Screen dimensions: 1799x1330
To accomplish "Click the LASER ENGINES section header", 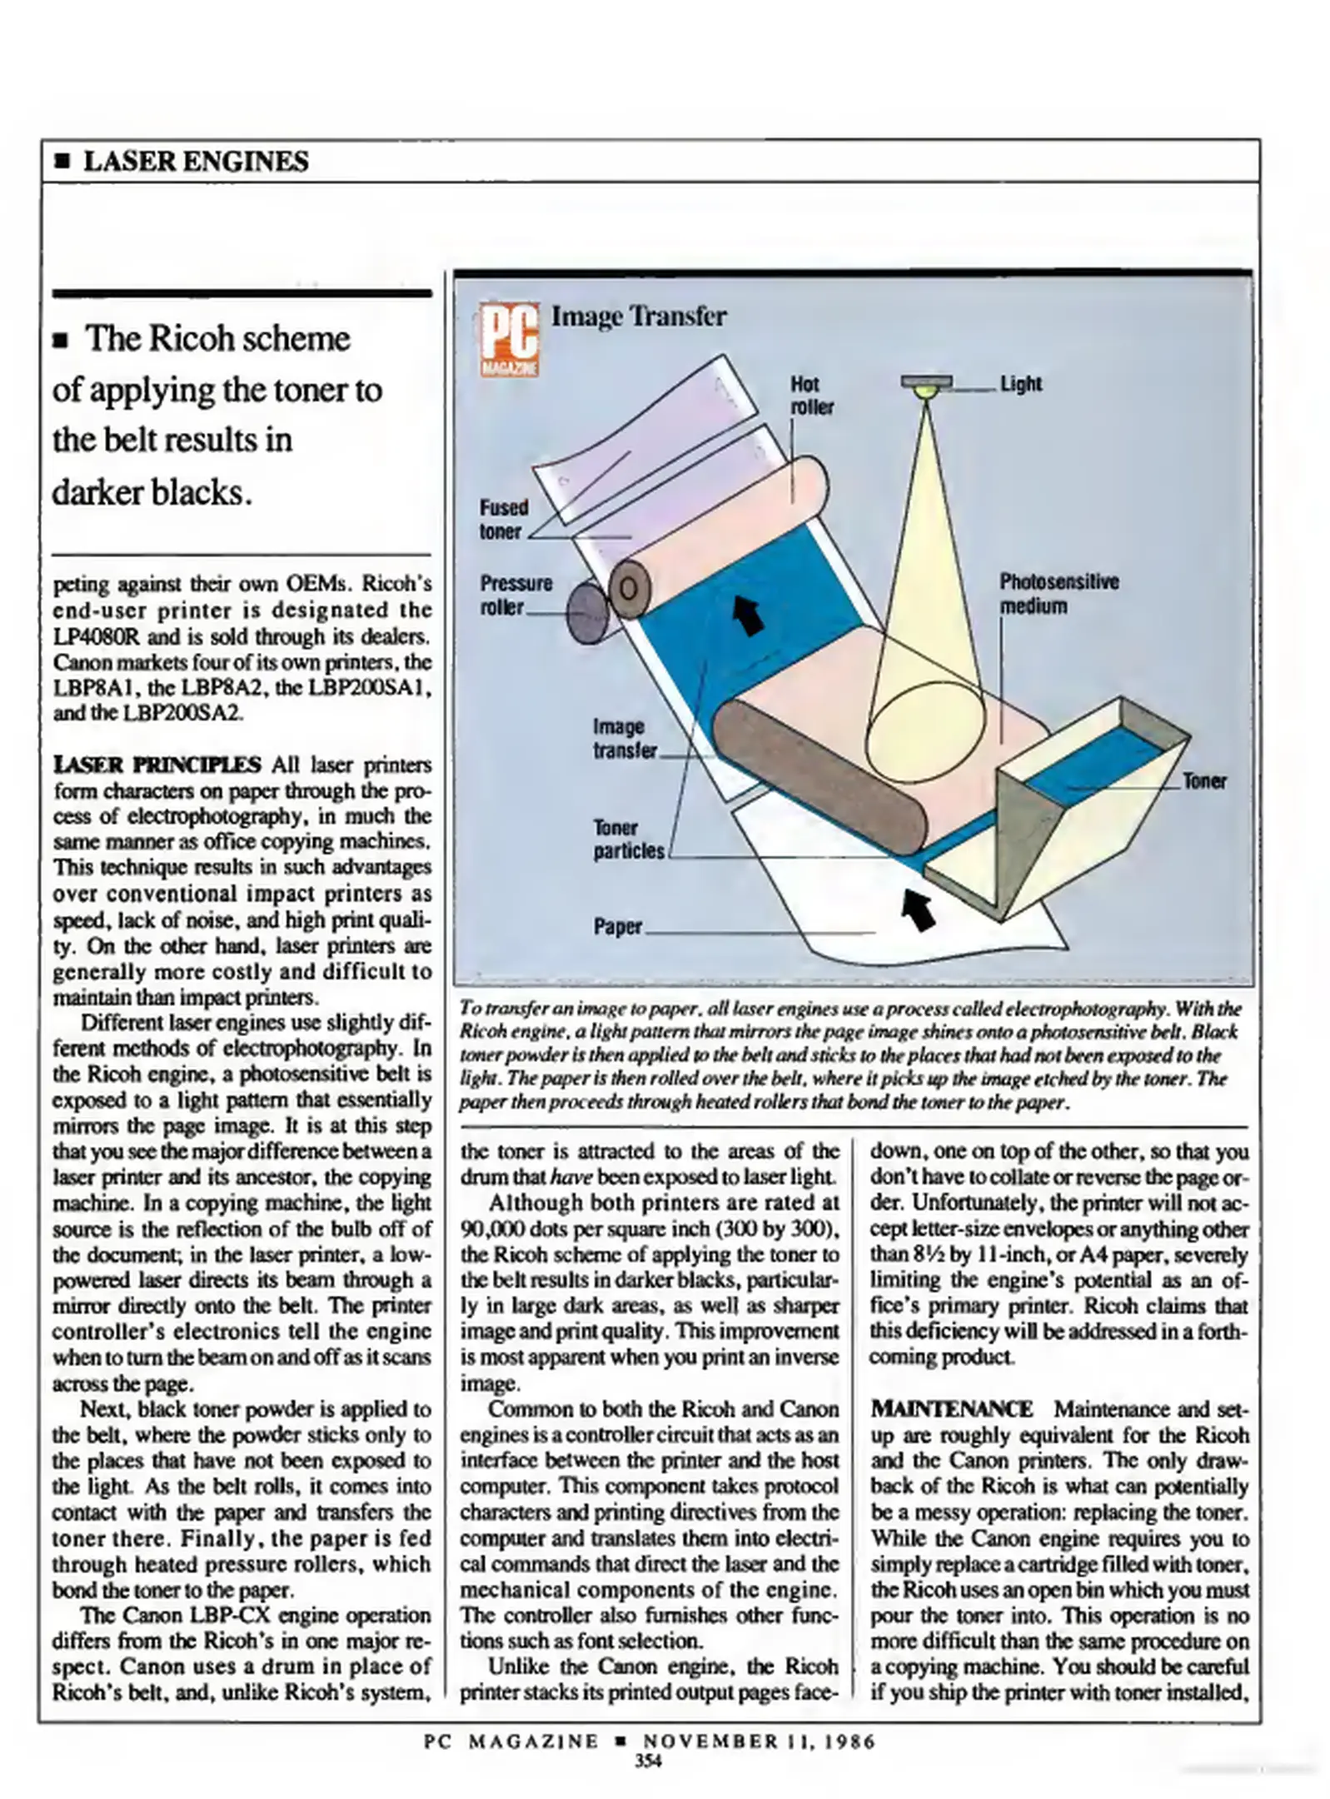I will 196,161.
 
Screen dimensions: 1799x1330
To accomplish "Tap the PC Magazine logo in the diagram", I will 509,341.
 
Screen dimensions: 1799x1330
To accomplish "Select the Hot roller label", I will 810,395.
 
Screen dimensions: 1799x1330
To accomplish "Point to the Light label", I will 1020,383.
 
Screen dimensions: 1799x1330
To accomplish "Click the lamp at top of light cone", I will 925,385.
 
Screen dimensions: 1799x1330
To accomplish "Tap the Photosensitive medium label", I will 1059,593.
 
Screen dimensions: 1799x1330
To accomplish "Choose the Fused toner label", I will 503,519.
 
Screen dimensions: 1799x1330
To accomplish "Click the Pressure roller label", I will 515,594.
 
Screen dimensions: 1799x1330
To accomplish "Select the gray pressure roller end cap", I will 587,612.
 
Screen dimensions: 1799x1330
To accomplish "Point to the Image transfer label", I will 624,738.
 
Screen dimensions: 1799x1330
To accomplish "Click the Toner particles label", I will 628,840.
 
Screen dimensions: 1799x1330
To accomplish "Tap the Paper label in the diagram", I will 617,926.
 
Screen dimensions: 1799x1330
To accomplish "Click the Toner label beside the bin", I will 1203,780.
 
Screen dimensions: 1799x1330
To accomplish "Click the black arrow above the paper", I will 919,909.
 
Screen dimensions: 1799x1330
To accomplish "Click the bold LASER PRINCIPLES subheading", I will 157,764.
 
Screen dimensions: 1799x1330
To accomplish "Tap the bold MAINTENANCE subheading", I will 951,1408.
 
